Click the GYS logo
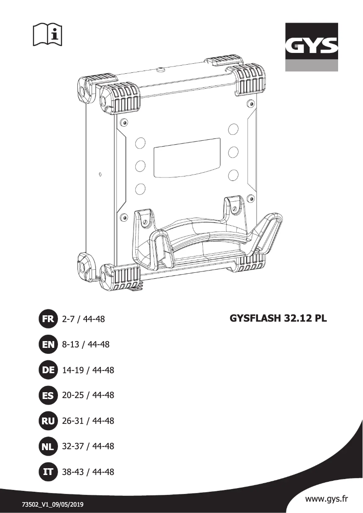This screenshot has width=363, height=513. coord(311,47)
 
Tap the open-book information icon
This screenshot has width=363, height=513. coord(48,33)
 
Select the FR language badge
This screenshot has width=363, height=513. coord(48,319)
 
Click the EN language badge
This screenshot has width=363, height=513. coord(48,345)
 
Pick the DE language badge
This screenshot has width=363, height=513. coord(48,370)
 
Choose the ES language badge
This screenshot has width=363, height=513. coord(48,395)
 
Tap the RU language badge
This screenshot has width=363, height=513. coord(48,421)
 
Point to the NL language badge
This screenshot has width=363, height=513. coord(48,446)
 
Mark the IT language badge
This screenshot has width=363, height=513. coord(48,472)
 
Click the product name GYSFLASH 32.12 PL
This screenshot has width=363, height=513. coord(278,318)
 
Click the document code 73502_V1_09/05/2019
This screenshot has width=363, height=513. coord(53,504)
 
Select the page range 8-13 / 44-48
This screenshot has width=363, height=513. coord(86,345)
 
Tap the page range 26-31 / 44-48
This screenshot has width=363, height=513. coord(88,421)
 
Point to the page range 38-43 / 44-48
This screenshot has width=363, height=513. coord(88,472)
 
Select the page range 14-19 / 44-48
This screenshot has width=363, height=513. coord(88,370)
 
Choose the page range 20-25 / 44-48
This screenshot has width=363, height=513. coord(88,395)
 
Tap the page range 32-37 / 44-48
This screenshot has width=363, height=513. coord(88,446)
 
